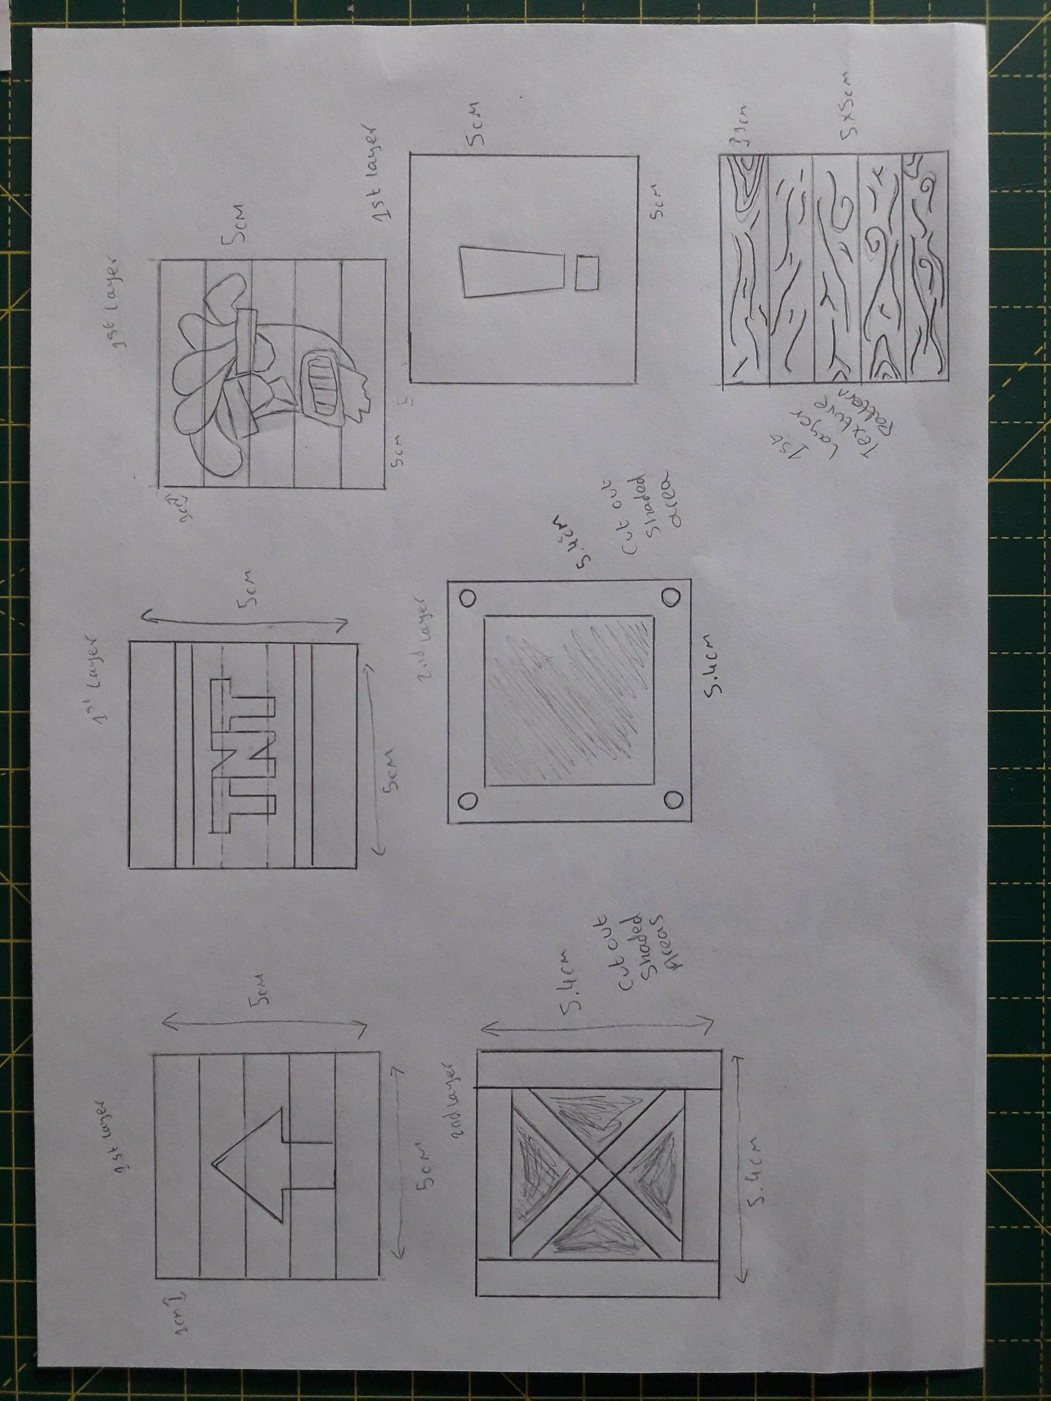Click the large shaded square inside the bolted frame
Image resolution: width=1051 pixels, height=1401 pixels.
(x=568, y=700)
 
